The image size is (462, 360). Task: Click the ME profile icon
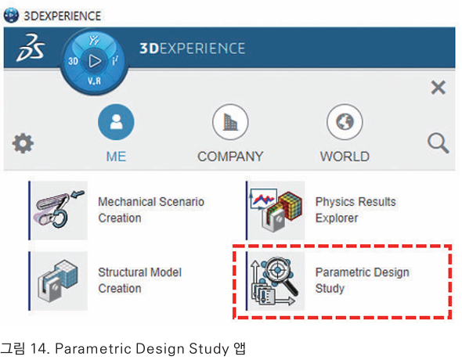coord(116,121)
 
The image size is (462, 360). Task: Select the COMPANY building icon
coord(230,121)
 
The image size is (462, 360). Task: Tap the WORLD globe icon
coord(345,121)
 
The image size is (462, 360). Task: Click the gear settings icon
coord(23,143)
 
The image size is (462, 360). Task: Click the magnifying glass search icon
coord(439,143)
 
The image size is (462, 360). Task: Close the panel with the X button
coord(439,88)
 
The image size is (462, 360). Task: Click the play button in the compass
coord(95,61)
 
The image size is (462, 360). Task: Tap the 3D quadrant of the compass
coord(73,61)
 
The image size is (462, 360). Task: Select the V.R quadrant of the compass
coord(94,81)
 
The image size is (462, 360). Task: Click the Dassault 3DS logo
coord(31,48)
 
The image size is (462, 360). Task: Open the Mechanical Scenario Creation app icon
coord(60,211)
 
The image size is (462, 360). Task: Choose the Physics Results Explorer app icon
coord(276,211)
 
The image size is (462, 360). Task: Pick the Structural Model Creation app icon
coord(60,281)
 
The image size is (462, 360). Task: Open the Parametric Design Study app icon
coord(276,281)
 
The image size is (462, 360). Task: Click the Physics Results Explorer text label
coord(356,210)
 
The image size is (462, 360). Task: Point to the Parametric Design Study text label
coord(363,280)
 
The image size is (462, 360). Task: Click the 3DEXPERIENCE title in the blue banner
coord(192,49)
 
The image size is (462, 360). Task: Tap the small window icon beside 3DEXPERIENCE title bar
coord(11,16)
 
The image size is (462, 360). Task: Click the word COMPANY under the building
coord(230,157)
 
